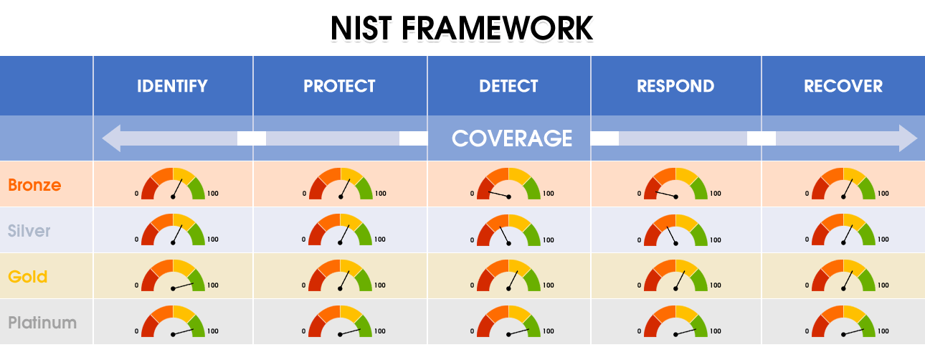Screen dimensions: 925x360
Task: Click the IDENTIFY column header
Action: tap(172, 86)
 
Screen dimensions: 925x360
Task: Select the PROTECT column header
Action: tap(339, 86)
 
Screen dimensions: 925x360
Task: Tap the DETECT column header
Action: tap(508, 86)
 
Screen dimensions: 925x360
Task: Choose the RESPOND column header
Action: tap(675, 86)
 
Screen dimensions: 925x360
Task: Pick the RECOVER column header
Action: tap(843, 86)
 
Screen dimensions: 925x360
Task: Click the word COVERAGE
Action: tap(512, 138)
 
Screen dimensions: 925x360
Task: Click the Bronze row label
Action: tap(34, 184)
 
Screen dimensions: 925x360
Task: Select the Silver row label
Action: tap(29, 230)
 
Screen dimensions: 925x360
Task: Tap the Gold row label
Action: tap(28, 276)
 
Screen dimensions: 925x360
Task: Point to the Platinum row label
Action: tap(42, 323)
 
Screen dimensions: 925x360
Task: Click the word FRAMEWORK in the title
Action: tap(497, 28)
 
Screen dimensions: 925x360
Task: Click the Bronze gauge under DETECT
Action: tap(509, 184)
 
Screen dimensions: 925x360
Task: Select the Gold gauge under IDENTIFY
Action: tap(173, 275)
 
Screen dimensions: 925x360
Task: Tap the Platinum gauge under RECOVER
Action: tap(843, 321)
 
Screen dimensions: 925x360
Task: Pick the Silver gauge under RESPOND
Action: tap(675, 230)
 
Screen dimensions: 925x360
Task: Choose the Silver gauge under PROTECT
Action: tap(340, 229)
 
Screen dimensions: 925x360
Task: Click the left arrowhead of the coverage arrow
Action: tap(111, 138)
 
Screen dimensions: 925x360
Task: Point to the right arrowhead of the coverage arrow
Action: tap(908, 138)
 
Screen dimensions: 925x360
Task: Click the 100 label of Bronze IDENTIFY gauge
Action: tap(213, 193)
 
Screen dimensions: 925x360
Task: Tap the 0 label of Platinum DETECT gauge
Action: tap(472, 331)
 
